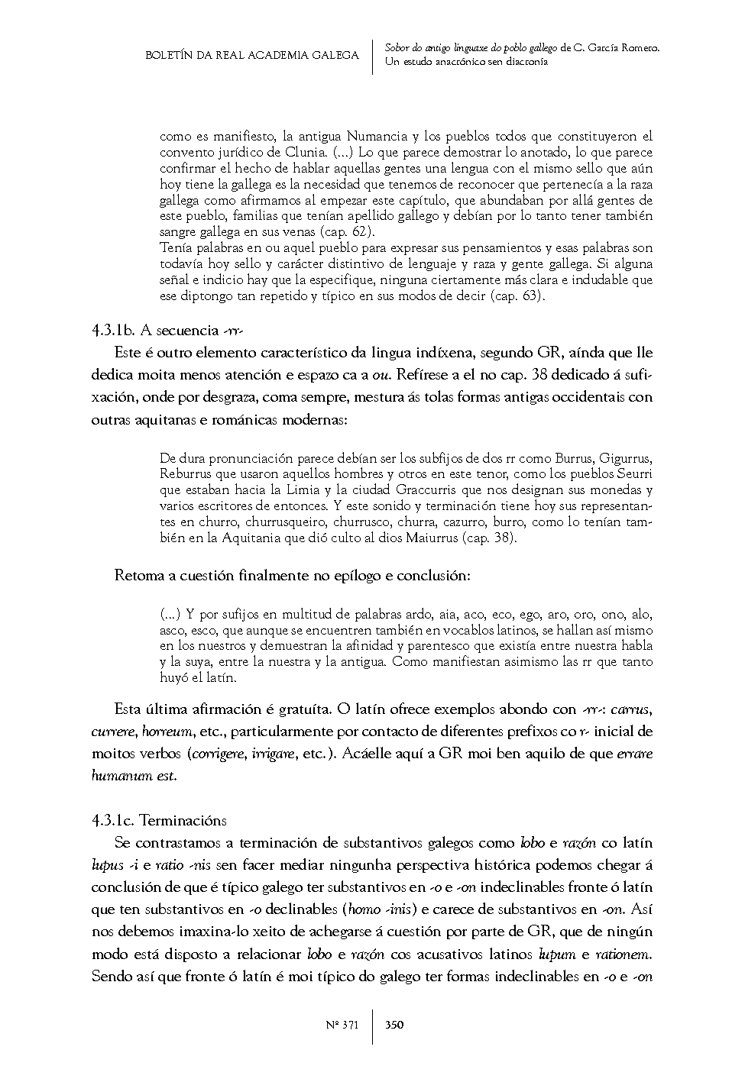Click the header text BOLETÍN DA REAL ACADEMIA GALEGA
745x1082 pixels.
(x=252, y=55)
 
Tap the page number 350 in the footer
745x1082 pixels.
(x=394, y=1025)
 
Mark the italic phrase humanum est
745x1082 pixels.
(x=134, y=776)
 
